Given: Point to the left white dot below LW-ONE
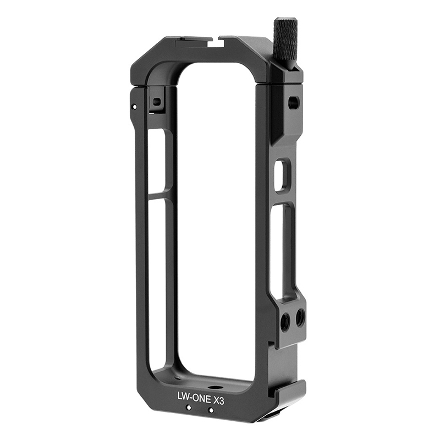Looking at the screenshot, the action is (x=189, y=407).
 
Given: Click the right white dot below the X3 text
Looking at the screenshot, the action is (x=211, y=410).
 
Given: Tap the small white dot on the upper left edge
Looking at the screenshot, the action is (x=135, y=106).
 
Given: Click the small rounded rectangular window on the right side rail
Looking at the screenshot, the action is (x=282, y=175).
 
